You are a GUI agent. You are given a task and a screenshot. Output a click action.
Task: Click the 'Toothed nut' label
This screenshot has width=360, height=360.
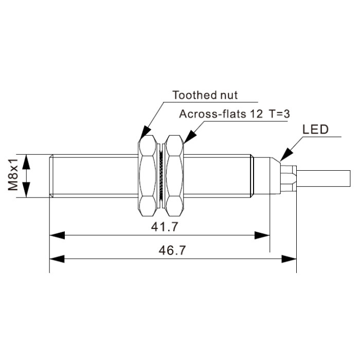(x=205, y=95)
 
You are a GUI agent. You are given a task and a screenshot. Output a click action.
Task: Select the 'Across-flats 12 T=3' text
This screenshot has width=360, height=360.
(x=235, y=114)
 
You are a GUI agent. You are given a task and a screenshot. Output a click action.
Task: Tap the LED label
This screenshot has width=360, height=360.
(x=315, y=130)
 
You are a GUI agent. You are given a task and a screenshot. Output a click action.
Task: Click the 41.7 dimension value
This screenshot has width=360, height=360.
(x=165, y=227)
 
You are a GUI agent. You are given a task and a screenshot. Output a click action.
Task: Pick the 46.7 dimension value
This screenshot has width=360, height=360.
(x=172, y=250)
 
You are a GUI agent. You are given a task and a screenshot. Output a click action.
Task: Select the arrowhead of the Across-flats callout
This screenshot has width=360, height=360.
(x=190, y=137)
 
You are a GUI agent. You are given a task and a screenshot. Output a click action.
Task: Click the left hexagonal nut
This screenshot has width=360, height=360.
(x=148, y=176)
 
